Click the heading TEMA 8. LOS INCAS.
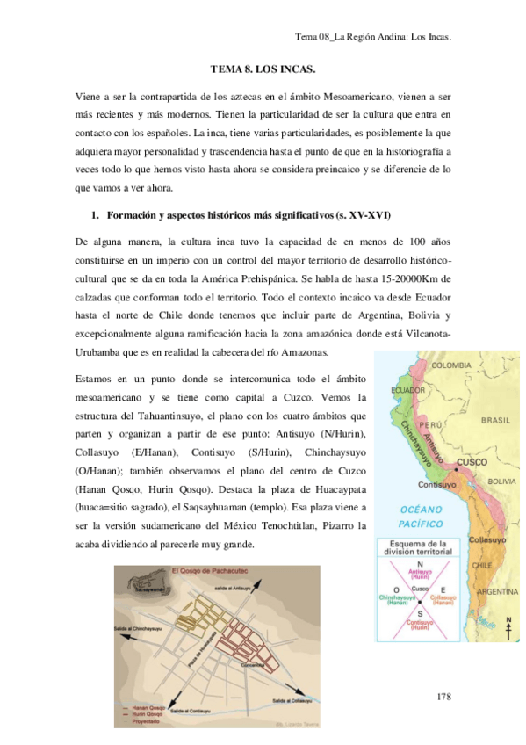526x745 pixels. click(x=263, y=69)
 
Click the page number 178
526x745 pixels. click(x=443, y=696)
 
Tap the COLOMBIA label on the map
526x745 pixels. click(x=450, y=365)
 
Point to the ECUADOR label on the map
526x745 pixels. click(x=408, y=389)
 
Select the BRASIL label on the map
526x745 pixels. click(x=495, y=420)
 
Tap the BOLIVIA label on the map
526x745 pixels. click(x=501, y=481)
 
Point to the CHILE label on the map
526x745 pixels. click(x=481, y=566)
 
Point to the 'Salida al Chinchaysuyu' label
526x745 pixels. click(x=139, y=628)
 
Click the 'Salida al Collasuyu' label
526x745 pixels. click(x=293, y=700)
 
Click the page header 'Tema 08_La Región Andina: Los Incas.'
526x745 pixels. click(x=372, y=37)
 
